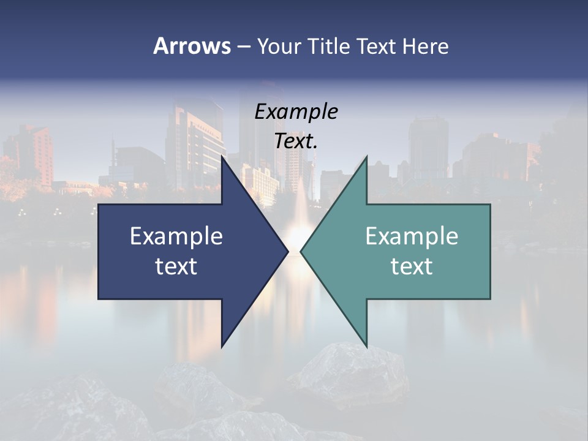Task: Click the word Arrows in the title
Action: (192, 46)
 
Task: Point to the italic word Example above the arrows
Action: (296, 112)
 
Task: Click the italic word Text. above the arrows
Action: (296, 141)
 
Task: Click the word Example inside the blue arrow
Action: (176, 236)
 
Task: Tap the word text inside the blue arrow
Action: (176, 266)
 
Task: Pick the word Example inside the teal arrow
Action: (412, 236)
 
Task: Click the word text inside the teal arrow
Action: (412, 266)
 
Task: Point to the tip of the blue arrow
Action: (287, 251)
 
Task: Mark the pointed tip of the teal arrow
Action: (301, 251)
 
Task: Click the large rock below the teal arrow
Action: (355, 374)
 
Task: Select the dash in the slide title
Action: (243, 47)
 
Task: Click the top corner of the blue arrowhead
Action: (222, 157)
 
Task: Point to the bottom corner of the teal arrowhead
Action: (366, 347)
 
